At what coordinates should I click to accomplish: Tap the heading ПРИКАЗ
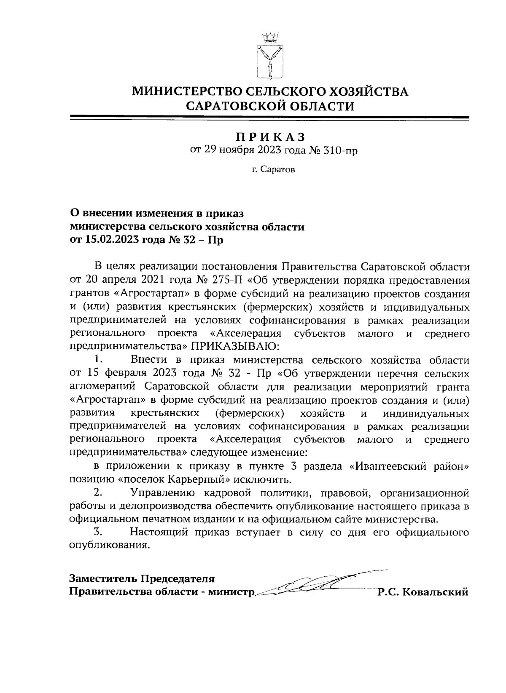click(270, 137)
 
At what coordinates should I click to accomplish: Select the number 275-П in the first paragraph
click(225, 280)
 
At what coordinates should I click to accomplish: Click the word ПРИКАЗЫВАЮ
click(235, 346)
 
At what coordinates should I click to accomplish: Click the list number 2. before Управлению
click(98, 492)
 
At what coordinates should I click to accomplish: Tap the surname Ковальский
click(436, 592)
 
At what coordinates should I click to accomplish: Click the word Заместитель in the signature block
click(103, 578)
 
